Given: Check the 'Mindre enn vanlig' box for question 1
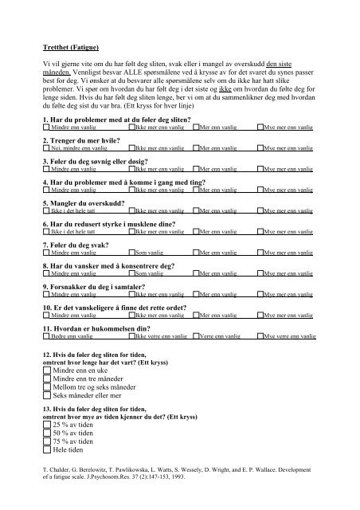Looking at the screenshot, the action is click(x=47, y=127).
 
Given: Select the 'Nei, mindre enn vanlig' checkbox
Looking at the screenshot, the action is click(x=47, y=148).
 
